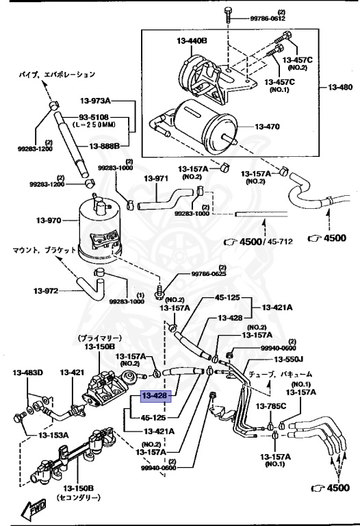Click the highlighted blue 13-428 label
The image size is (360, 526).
[x=155, y=396]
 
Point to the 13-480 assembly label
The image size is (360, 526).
[x=339, y=88]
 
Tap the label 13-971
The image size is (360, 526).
[x=156, y=179]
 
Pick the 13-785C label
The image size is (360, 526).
[x=271, y=407]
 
